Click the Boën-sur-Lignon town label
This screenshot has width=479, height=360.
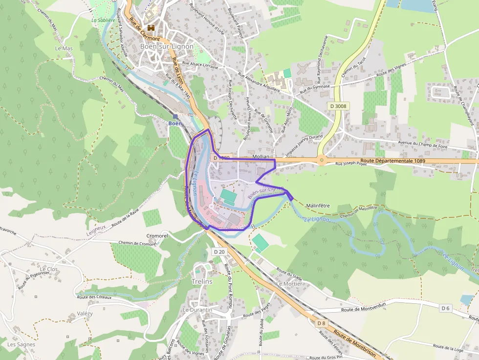167,46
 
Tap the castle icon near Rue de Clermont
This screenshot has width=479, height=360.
151,29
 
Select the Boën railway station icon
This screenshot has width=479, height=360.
175,116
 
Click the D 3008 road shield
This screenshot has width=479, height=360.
338,106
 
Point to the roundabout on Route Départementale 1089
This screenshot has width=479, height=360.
322,160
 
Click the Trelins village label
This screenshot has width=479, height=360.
202,282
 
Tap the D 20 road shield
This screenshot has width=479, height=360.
219,252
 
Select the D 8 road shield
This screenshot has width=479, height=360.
321,323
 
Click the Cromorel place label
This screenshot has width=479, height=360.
157,235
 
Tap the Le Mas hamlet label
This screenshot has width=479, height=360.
64,49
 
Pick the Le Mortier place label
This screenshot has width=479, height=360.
289,284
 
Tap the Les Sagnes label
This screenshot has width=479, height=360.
22,344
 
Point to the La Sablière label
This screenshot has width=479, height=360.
103,21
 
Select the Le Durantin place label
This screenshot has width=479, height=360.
197,310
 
